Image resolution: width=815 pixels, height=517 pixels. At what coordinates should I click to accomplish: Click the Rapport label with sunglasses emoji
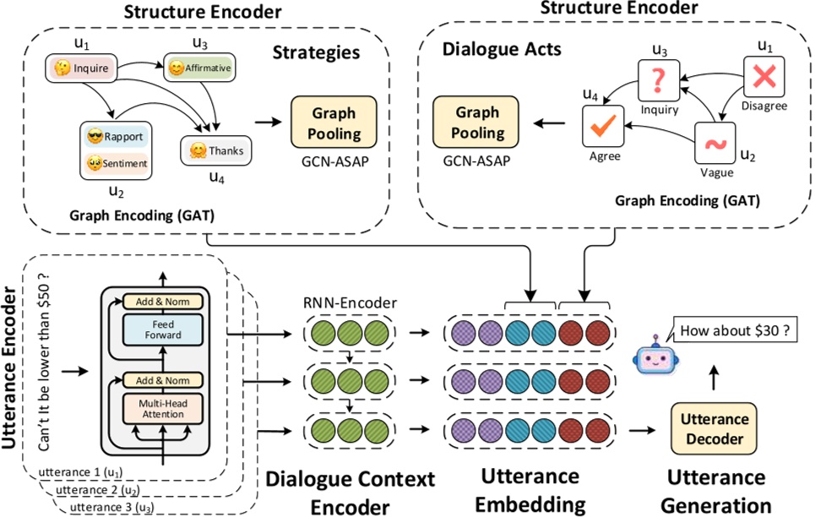[115, 135]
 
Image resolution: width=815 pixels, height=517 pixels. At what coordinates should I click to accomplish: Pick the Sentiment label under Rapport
[115, 162]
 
